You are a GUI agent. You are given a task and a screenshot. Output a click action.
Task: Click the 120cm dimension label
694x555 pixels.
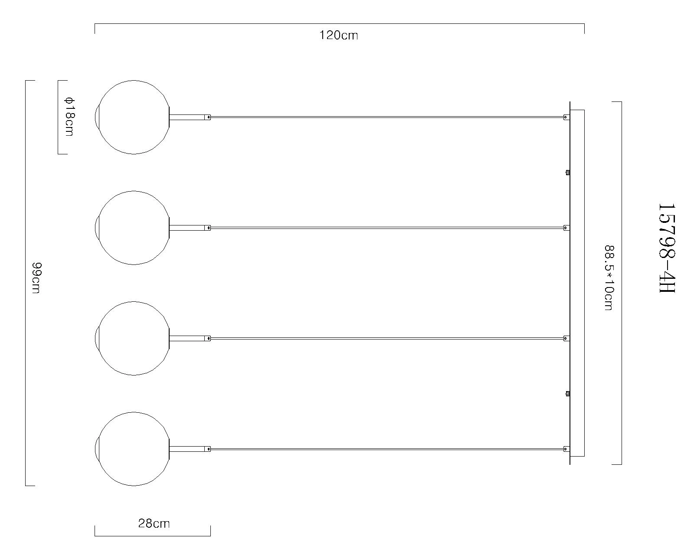pyautogui.click(x=339, y=35)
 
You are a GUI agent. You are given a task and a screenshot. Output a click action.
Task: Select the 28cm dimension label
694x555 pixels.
pyautogui.click(x=154, y=524)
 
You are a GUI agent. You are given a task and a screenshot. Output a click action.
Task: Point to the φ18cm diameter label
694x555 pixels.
pyautogui.click(x=69, y=117)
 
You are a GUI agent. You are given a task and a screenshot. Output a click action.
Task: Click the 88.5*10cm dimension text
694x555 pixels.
pyautogui.click(x=609, y=278)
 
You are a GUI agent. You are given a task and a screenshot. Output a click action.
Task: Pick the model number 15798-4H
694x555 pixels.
pyautogui.click(x=667, y=248)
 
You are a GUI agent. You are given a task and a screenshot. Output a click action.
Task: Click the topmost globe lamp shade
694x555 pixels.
pyautogui.click(x=133, y=117)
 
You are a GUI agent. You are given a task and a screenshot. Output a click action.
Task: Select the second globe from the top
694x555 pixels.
pyautogui.click(x=133, y=228)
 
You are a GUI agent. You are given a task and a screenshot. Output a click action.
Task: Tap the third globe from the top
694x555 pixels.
pyautogui.click(x=133, y=338)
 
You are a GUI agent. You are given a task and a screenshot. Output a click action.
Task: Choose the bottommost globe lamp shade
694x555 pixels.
pyautogui.click(x=133, y=449)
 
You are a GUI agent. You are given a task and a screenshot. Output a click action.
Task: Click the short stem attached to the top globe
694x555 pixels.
pyautogui.click(x=187, y=117)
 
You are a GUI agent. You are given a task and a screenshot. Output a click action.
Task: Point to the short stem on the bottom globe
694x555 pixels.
pyautogui.click(x=187, y=449)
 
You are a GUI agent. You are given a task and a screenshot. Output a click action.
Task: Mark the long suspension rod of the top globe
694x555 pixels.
pyautogui.click(x=386, y=117)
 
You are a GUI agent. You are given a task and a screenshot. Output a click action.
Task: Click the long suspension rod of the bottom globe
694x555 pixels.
pyautogui.click(x=386, y=449)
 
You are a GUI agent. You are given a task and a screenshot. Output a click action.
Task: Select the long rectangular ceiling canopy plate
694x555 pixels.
pyautogui.click(x=577, y=283)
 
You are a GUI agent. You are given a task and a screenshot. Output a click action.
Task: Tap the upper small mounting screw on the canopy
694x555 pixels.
pyautogui.click(x=567, y=173)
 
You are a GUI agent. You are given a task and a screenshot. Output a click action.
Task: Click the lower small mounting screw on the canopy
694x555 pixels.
pyautogui.click(x=567, y=394)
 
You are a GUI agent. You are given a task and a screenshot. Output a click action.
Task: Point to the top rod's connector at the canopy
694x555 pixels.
pyautogui.click(x=566, y=117)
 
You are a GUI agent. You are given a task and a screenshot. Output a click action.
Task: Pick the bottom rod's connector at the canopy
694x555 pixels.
pyautogui.click(x=566, y=449)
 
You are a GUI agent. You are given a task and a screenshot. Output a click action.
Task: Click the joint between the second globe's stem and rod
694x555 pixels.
pyautogui.click(x=208, y=228)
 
